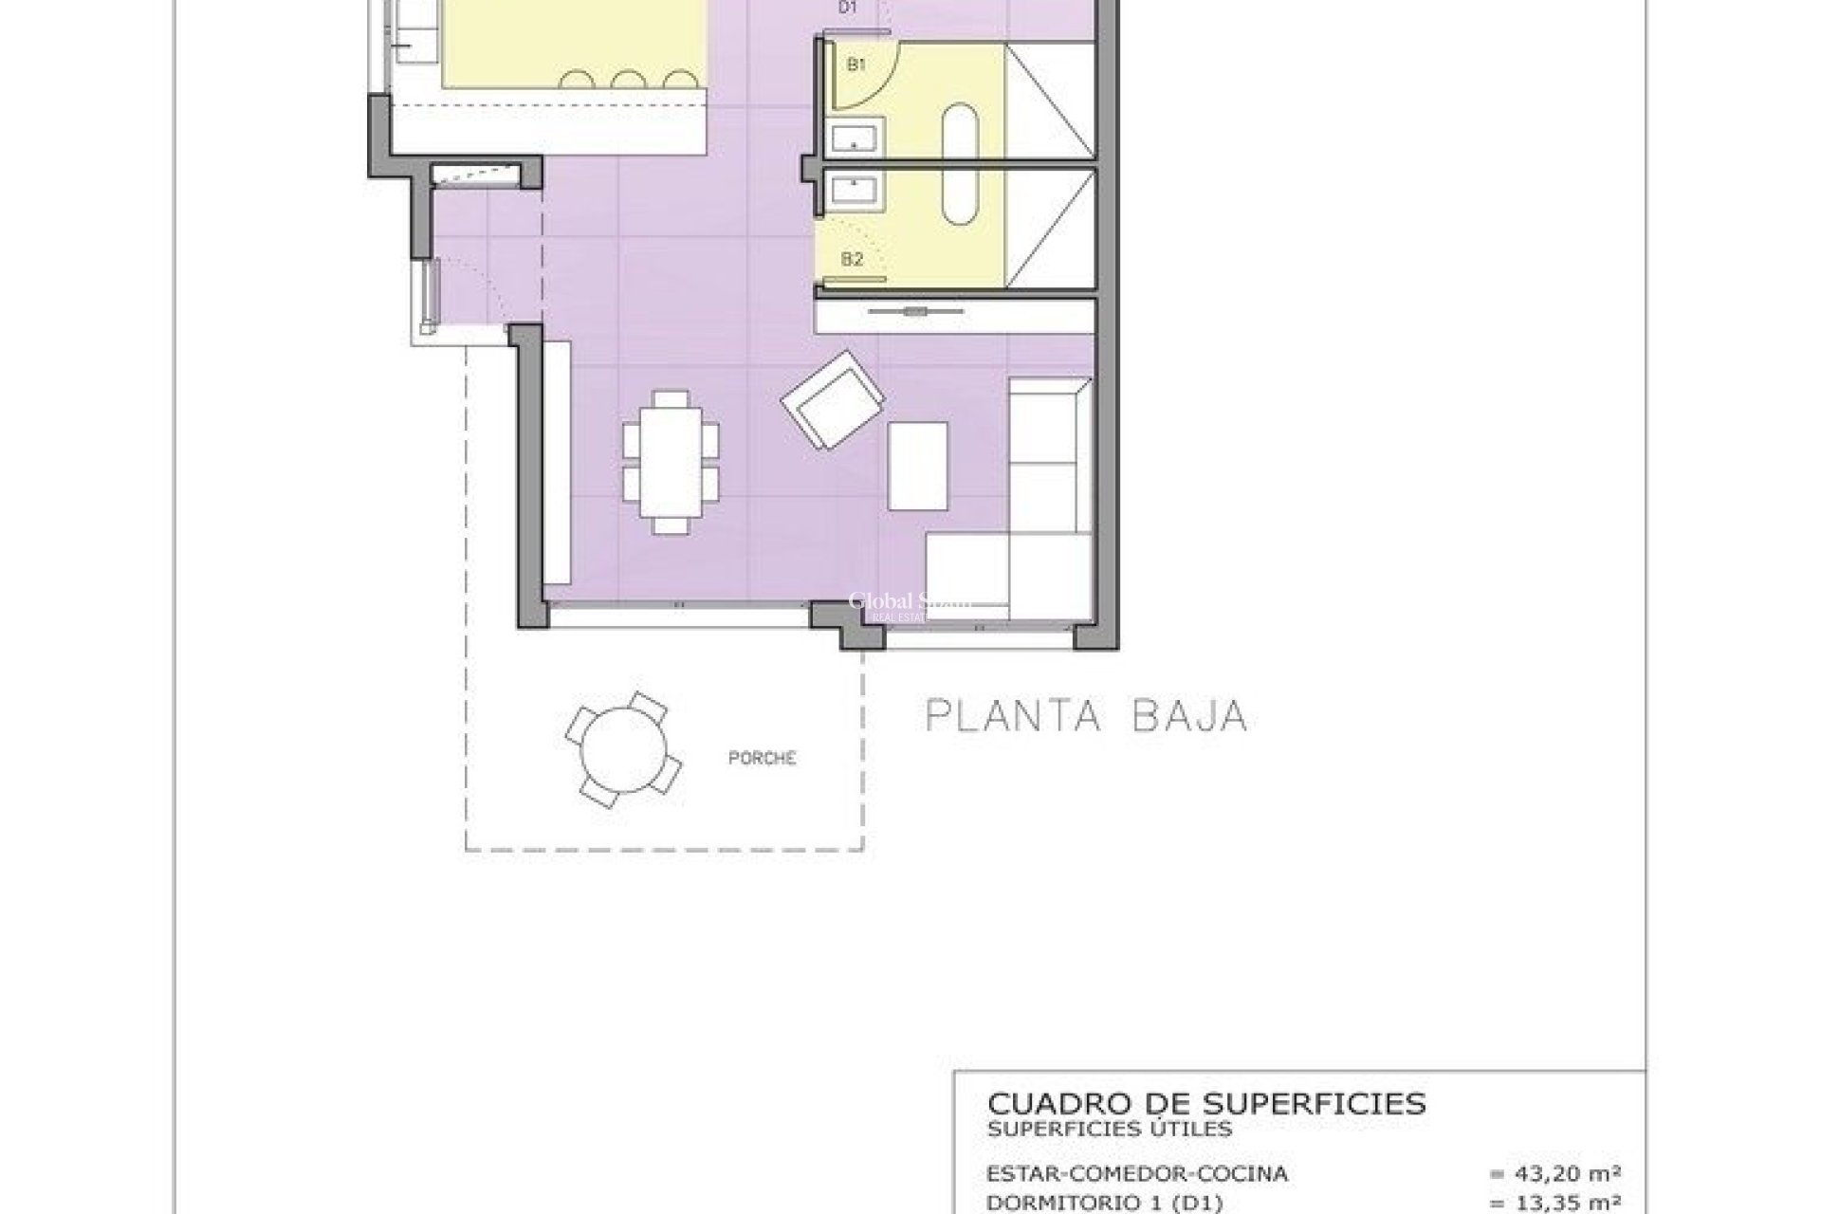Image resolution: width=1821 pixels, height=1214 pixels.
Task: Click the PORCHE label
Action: [762, 758]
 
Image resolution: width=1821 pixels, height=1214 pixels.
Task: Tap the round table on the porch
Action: [622, 749]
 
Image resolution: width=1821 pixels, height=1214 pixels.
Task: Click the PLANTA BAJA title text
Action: [1086, 716]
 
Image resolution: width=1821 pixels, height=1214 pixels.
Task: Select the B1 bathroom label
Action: [856, 64]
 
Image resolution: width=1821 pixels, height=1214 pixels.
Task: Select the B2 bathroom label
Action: [852, 259]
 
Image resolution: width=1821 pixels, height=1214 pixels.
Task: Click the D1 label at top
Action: [848, 8]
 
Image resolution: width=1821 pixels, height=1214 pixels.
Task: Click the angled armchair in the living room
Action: [833, 401]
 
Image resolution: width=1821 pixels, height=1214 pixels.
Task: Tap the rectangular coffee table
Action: [917, 467]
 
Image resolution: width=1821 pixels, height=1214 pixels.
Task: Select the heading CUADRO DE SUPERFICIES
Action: [1206, 1103]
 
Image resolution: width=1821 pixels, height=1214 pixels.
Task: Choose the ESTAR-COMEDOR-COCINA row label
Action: [1137, 1174]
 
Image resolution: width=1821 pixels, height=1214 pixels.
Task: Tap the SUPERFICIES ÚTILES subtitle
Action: [1110, 1129]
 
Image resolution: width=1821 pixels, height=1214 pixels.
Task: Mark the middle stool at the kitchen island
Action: [628, 81]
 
